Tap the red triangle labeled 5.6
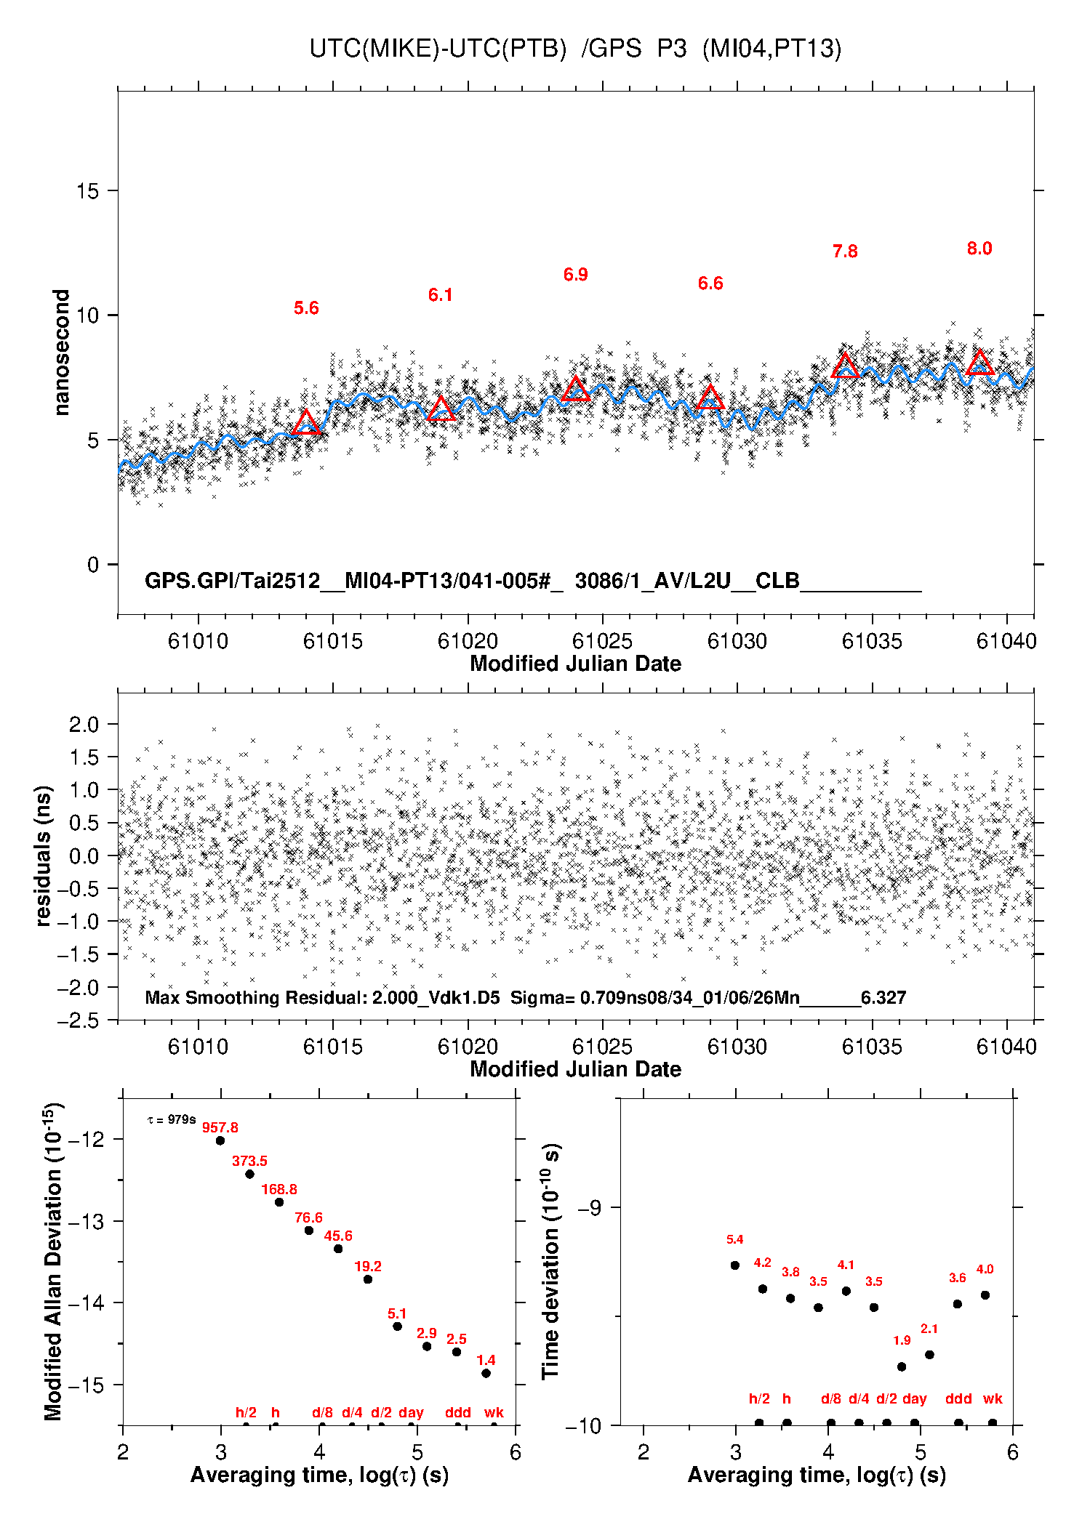306,423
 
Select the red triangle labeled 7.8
845,366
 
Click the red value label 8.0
979,249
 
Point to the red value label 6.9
575,275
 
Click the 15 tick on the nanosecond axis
87,191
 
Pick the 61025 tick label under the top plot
602,641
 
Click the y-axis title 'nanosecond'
62,353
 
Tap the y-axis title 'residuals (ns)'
44,855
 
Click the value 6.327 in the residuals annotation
883,997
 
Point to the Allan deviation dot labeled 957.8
220,1140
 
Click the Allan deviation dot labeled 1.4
486,1373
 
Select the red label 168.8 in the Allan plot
279,1189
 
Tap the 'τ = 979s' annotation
172,1119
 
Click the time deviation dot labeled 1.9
902,1366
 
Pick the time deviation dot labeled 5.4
735,1265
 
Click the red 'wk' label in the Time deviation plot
993,1398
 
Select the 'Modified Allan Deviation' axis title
54,1262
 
